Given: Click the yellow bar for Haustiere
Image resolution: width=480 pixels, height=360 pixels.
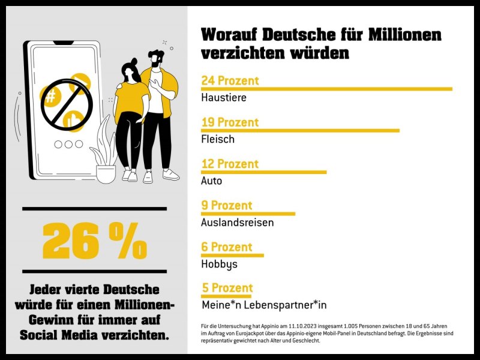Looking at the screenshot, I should tap(327, 89).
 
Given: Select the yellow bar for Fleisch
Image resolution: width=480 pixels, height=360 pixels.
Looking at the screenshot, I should tap(300, 130).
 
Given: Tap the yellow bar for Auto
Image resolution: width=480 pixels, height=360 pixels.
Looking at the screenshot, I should tap(264, 172).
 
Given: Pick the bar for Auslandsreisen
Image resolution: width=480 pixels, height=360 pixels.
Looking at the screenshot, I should tap(248, 214).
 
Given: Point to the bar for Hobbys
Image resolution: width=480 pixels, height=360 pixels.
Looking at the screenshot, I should tap(232, 255).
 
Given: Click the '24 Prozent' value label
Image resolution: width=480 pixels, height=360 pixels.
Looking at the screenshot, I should tap(230, 80).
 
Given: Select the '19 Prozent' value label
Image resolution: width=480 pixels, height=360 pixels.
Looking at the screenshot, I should tap(230, 122).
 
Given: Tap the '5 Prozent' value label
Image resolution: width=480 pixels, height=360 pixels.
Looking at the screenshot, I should tap(227, 288).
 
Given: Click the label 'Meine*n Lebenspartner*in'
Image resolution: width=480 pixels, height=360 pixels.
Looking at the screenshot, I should tap(264, 305).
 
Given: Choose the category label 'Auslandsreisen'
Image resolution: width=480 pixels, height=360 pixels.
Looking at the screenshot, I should tap(237, 222).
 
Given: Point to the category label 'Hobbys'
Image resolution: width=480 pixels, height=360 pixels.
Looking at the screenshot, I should tap(219, 264).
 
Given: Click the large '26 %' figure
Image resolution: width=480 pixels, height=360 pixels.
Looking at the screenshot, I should tap(94, 241).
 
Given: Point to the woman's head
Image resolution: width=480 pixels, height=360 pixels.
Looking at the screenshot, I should tap(130, 70).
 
